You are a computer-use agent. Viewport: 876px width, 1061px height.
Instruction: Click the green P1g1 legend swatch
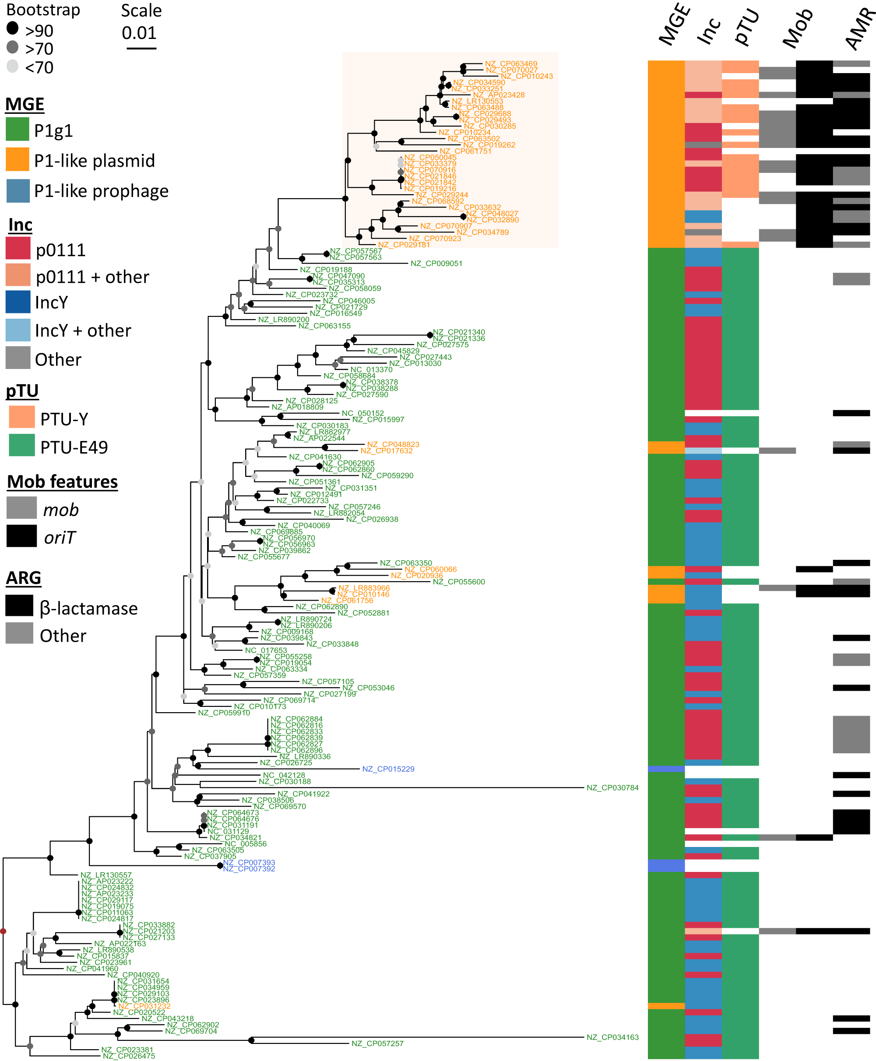(x=17, y=129)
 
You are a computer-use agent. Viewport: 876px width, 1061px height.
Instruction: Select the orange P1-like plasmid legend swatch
(x=17, y=159)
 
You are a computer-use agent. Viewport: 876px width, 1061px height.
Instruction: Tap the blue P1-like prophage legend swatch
(x=18, y=191)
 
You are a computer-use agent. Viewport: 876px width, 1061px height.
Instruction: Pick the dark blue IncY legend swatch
(x=18, y=302)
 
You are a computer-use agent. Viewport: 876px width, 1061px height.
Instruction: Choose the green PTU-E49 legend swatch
(x=22, y=446)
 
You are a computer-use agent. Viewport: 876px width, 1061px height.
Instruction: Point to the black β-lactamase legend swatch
(x=19, y=606)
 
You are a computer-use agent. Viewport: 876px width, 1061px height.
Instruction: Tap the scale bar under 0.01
(x=141, y=49)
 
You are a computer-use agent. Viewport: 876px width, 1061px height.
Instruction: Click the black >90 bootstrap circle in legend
(x=13, y=28)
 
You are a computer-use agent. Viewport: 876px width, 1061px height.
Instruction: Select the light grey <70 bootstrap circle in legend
(x=13, y=66)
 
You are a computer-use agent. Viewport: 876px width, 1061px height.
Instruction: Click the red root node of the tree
(x=3, y=931)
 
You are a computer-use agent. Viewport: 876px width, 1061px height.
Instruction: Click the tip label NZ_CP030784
(x=612, y=787)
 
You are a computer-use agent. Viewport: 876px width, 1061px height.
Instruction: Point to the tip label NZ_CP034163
(x=612, y=1037)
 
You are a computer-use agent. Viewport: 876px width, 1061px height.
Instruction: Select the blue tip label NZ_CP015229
(x=388, y=769)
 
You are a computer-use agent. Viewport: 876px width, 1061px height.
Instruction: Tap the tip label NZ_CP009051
(x=436, y=263)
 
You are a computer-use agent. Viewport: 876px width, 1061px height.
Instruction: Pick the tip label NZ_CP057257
(x=377, y=1043)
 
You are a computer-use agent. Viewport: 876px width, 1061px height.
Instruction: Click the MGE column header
(x=674, y=25)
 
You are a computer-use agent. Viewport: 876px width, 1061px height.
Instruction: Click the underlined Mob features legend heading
(x=62, y=482)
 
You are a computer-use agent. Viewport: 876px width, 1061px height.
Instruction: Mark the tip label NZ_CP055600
(x=459, y=582)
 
